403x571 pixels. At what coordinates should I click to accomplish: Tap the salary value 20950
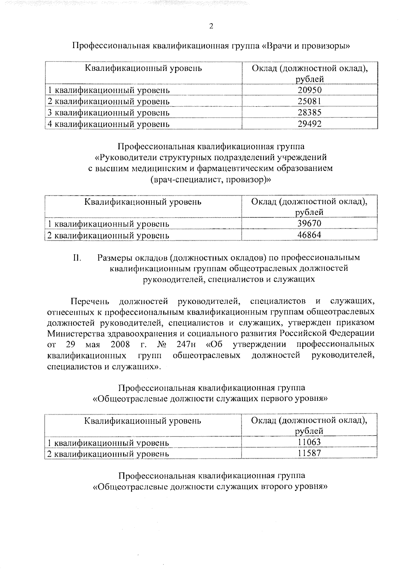pyautogui.click(x=310, y=90)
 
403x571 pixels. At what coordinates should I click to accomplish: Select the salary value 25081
pyautogui.click(x=310, y=101)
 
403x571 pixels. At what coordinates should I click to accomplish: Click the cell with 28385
pyautogui.click(x=310, y=112)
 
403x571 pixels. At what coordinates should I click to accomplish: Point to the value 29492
pyautogui.click(x=310, y=124)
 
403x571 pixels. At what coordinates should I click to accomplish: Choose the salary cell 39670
pyautogui.click(x=310, y=223)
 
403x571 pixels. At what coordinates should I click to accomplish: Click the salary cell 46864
pyautogui.click(x=310, y=235)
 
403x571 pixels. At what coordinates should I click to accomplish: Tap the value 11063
pyautogui.click(x=310, y=442)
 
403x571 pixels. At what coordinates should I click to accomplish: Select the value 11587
pyautogui.click(x=310, y=453)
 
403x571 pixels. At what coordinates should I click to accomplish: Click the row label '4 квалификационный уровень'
pyautogui.click(x=108, y=124)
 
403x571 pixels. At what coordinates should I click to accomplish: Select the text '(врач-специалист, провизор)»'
pyautogui.click(x=211, y=179)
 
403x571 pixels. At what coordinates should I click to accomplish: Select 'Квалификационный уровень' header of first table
pyautogui.click(x=143, y=69)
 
